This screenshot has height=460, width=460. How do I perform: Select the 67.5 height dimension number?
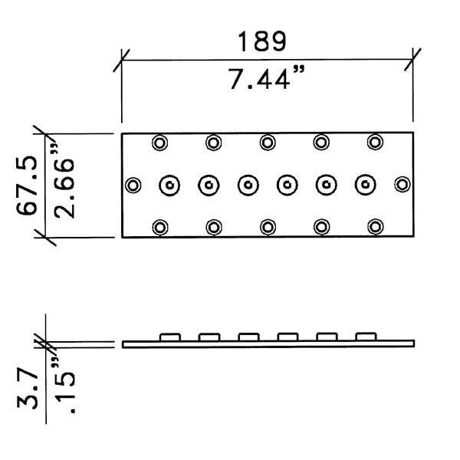(x=28, y=187)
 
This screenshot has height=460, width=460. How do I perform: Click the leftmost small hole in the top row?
(x=160, y=142)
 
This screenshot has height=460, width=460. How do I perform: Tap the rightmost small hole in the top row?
(x=375, y=142)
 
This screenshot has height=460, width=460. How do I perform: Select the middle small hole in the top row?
(x=268, y=142)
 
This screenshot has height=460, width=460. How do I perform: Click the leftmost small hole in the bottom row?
(x=160, y=227)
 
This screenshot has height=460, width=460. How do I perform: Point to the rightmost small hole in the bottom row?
(x=375, y=227)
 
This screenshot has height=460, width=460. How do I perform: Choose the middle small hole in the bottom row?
(x=268, y=227)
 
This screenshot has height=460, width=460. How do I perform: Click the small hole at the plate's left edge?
(x=133, y=185)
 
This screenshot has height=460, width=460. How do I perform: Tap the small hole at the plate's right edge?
(x=402, y=185)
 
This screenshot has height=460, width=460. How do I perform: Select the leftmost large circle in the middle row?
(x=169, y=185)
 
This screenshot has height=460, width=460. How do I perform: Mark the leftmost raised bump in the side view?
(x=169, y=336)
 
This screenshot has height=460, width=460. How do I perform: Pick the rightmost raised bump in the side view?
(x=366, y=336)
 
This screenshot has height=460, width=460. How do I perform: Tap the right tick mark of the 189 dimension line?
(x=414, y=59)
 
